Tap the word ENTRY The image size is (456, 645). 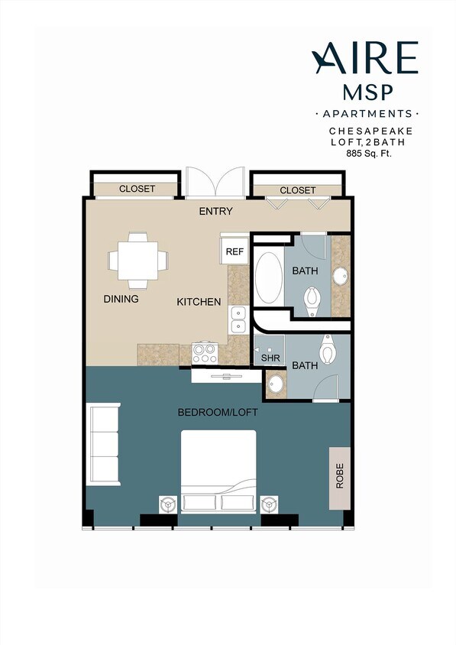pyautogui.click(x=215, y=211)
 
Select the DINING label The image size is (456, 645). pyautogui.click(x=121, y=299)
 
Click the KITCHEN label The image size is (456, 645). pyautogui.click(x=199, y=302)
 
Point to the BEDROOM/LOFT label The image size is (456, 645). pyautogui.click(x=218, y=413)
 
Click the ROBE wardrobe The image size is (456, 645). pyautogui.click(x=340, y=478)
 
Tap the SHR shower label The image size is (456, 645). pyautogui.click(x=268, y=357)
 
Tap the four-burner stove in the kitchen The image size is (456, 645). pyautogui.click(x=204, y=353)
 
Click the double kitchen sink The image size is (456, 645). pyautogui.click(x=238, y=319)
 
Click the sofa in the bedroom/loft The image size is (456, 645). pyautogui.click(x=105, y=446)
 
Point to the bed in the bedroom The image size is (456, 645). pyautogui.click(x=218, y=470)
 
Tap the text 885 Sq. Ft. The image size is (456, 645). pyautogui.click(x=374, y=153)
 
